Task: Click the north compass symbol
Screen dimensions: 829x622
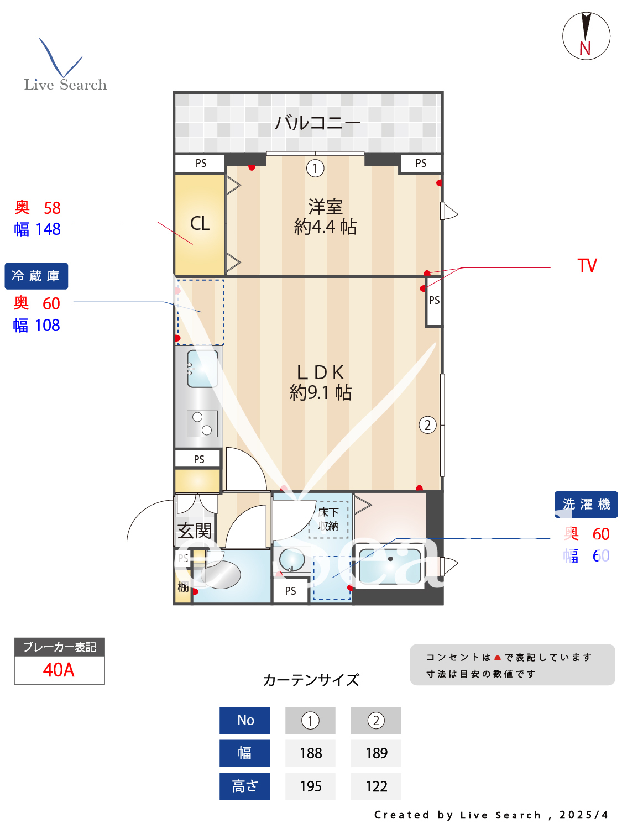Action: point(586,36)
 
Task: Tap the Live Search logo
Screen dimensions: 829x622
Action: point(65,66)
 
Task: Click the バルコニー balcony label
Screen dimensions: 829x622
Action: point(317,122)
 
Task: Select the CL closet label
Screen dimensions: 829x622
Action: point(200,223)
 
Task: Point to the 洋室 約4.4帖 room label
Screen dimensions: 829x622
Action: point(325,217)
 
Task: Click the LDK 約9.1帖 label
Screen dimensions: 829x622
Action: point(321,382)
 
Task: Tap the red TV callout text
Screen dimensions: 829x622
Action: point(587,266)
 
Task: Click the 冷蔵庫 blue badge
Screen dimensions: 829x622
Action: point(36,276)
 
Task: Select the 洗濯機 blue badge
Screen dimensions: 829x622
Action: point(586,504)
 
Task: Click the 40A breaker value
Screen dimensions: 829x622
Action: point(59,670)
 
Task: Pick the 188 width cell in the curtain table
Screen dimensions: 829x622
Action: point(310,753)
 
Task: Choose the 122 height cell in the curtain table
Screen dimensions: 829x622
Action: point(376,786)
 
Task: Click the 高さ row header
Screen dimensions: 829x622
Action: point(244,786)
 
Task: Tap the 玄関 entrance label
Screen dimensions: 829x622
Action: point(195,531)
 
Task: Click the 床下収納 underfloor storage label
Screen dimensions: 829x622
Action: point(329,519)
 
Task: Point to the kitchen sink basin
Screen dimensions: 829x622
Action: point(202,368)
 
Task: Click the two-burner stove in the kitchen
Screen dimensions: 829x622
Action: point(202,423)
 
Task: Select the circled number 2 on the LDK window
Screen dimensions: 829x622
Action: point(427,425)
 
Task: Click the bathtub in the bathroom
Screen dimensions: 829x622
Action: point(390,565)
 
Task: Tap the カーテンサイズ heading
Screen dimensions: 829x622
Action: point(311,680)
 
